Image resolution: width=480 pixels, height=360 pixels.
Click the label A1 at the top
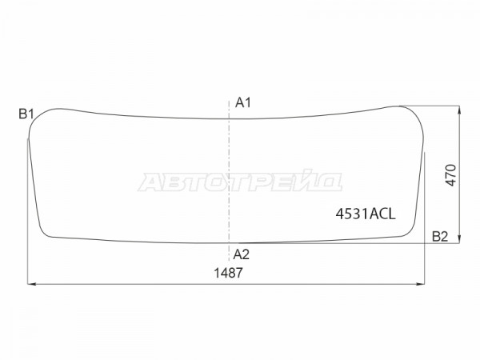(x=243, y=102)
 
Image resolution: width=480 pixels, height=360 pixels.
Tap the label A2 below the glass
(x=242, y=254)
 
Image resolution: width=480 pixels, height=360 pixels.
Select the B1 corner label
(x=26, y=114)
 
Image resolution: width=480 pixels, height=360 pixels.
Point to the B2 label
(x=440, y=236)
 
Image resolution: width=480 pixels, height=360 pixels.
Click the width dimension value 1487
(x=228, y=273)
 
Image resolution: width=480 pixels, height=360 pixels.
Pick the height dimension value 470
(x=451, y=175)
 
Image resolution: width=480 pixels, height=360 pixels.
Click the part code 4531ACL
(x=366, y=214)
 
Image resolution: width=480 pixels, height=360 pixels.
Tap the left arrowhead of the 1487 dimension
(x=31, y=284)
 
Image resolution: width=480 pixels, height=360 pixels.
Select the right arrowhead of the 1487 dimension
(x=422, y=284)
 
